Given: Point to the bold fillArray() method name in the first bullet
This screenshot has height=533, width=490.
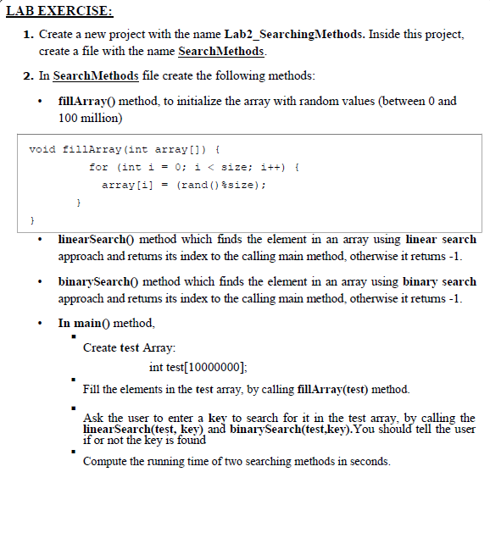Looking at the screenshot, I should tap(87, 101).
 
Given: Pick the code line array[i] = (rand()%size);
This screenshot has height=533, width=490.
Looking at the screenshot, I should tap(185, 184).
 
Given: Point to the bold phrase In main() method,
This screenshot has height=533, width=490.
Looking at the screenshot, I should tap(106, 323).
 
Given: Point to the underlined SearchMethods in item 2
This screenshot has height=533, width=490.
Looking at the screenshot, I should tap(95, 76).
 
